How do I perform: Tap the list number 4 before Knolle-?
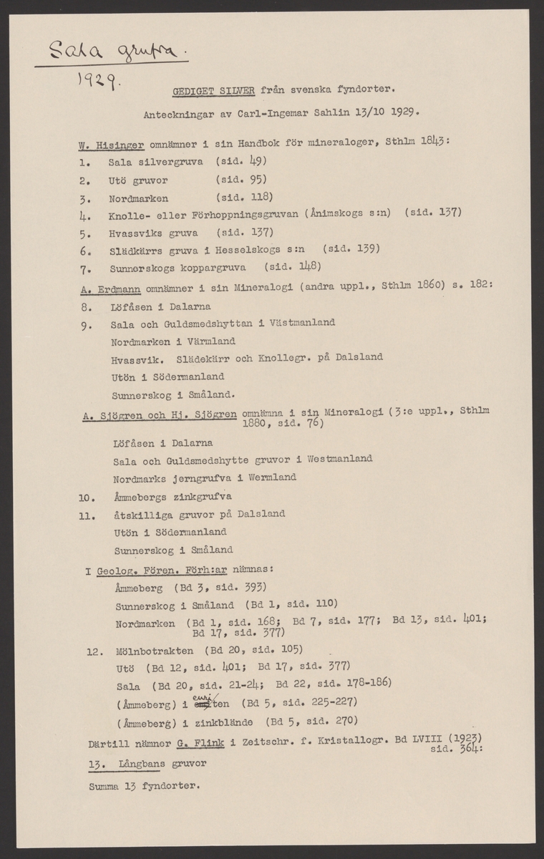84,213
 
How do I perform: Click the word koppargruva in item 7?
217,268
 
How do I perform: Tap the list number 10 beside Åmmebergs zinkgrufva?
85,495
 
